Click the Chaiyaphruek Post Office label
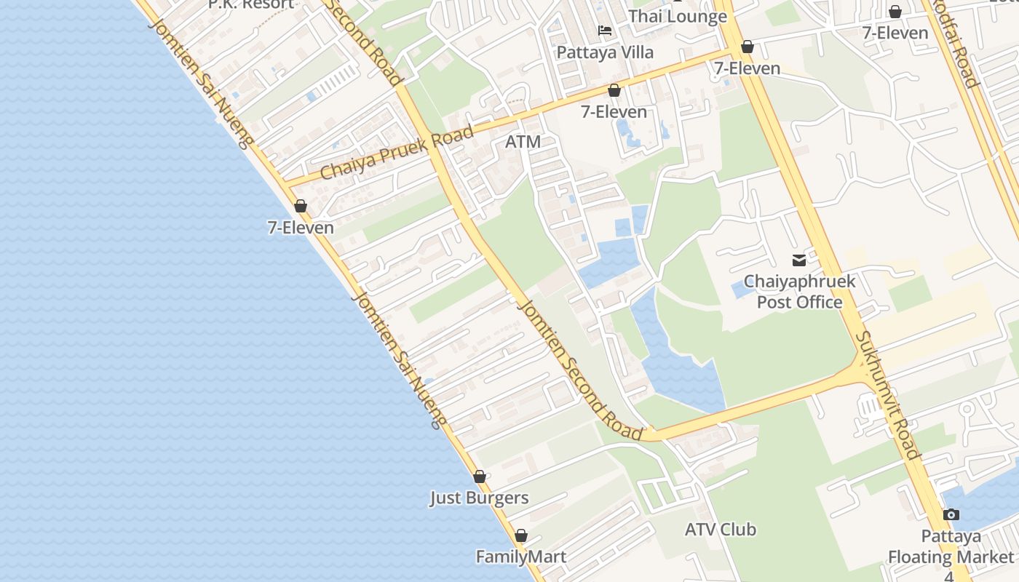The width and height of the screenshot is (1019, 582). click(799, 292)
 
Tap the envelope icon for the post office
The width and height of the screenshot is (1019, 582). click(799, 260)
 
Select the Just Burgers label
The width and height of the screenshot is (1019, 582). click(479, 498)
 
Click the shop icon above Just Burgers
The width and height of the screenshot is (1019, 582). click(480, 477)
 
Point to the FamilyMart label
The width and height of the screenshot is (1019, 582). click(520, 557)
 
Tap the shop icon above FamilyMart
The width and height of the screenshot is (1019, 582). click(521, 536)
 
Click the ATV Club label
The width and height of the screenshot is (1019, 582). click(721, 530)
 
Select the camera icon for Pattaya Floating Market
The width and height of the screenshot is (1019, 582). click(951, 515)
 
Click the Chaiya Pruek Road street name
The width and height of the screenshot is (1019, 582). click(397, 154)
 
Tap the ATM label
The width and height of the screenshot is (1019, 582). click(523, 142)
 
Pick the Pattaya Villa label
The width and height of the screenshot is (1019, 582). click(605, 52)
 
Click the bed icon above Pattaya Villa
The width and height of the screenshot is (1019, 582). click(605, 31)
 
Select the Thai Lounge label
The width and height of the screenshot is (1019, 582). click(678, 16)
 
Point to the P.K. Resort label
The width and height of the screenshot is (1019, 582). click(251, 4)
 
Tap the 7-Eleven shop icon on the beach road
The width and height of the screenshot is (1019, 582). click(301, 207)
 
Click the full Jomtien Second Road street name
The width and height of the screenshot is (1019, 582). click(580, 365)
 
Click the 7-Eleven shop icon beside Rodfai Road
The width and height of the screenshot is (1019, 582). click(895, 12)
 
